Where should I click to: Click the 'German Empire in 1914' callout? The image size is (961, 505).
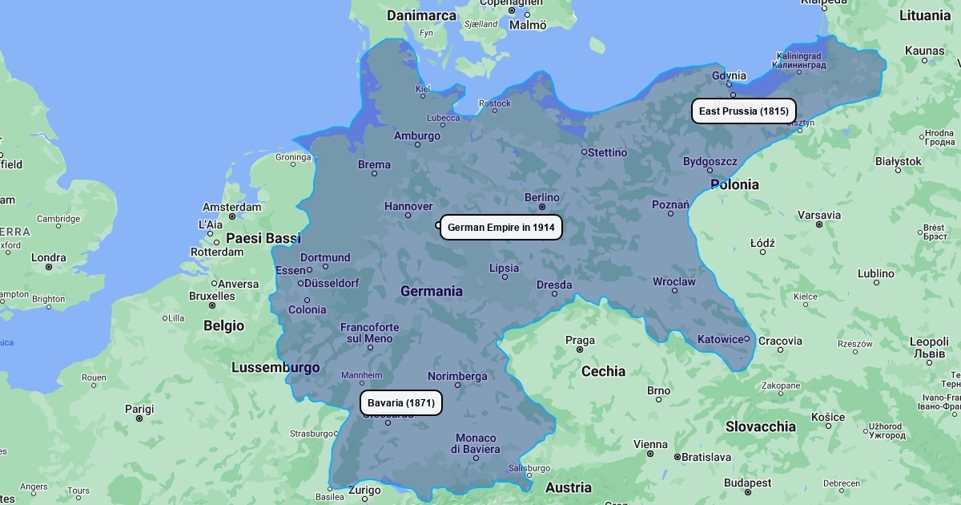tap(501, 228)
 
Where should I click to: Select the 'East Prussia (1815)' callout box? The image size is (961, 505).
tap(743, 111)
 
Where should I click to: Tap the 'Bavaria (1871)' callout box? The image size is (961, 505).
tap(400, 403)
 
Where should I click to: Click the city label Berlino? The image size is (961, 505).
tap(542, 197)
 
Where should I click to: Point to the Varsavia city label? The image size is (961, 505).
tap(818, 215)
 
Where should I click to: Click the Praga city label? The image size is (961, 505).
tap(580, 341)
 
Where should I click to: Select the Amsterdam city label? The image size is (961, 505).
tap(231, 207)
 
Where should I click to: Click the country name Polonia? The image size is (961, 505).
tap(734, 184)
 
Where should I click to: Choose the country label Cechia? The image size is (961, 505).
tap(603, 371)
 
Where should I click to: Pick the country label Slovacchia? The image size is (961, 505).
tap(760, 426)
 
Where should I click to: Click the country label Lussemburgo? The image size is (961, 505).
tap(275, 368)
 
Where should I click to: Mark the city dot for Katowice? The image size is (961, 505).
tap(747, 339)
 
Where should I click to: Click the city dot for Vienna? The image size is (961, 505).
tap(650, 454)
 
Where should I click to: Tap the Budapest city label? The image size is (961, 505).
tap(747, 483)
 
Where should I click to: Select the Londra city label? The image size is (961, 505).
tap(49, 258)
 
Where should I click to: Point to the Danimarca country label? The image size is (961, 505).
tap(421, 15)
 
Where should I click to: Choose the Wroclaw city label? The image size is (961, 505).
tap(674, 282)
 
